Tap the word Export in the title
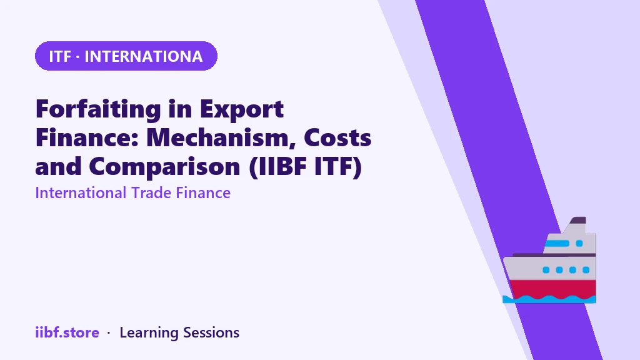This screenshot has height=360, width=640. [x=242, y=109]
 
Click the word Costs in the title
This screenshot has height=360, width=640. [x=337, y=137]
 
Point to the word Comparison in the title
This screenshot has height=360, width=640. [x=164, y=167]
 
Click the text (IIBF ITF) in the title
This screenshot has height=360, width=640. [x=305, y=166]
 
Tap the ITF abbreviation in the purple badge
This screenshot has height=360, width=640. [x=60, y=56]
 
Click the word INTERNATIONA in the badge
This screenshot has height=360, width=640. [x=143, y=56]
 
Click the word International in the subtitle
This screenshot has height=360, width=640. [x=81, y=192]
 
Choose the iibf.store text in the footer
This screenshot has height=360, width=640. [x=67, y=332]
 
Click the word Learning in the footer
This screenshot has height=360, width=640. [x=149, y=333]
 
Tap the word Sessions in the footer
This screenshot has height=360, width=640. [x=211, y=332]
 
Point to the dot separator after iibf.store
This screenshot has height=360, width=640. [x=109, y=333]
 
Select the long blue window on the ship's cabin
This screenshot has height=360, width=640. [x=557, y=244]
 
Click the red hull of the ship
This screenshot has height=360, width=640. [x=552, y=289]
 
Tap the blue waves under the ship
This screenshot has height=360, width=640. [x=549, y=299]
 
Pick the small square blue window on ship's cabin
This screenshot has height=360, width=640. [x=579, y=244]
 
